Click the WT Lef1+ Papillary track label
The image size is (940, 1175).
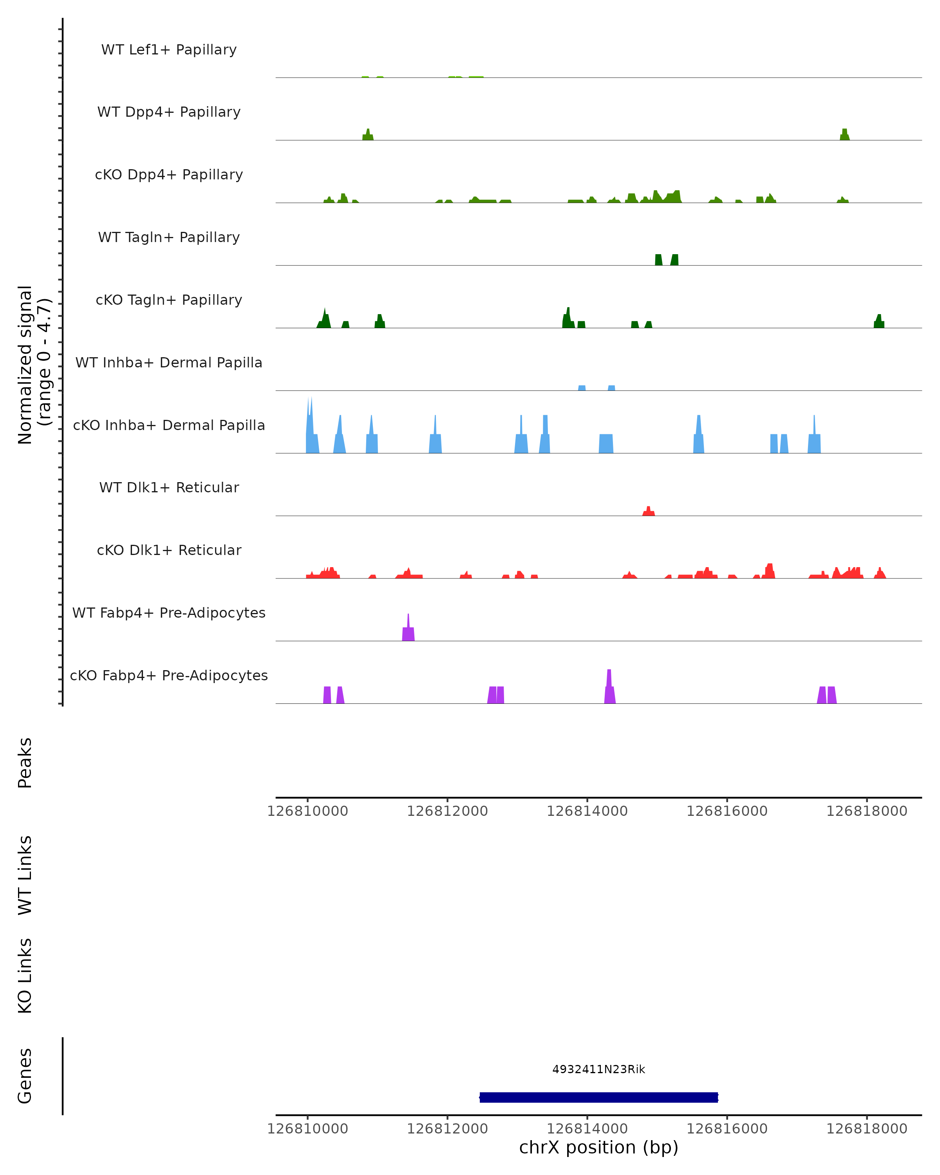coord(169,50)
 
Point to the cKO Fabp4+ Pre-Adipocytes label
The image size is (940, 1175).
coord(169,675)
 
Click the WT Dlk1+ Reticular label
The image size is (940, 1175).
coord(169,487)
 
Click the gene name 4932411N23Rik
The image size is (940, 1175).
coord(598,1069)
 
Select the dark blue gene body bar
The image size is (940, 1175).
coord(598,1097)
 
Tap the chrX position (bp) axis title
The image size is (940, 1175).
coord(598,1147)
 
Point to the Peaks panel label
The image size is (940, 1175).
coord(25,763)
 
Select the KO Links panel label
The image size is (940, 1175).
coord(25,976)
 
